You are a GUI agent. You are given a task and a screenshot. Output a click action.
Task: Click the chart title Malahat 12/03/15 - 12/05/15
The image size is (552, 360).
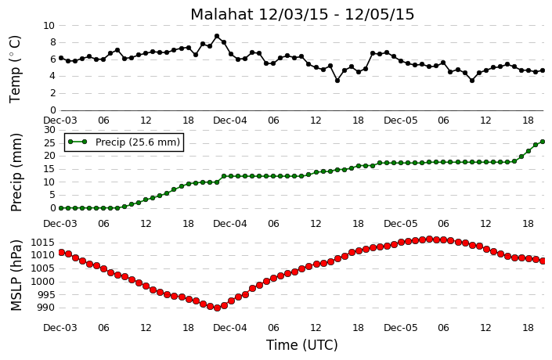302,15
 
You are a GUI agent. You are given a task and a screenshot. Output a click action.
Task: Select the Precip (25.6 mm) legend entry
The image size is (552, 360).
124,142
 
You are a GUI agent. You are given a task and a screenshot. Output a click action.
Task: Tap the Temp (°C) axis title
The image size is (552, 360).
15,70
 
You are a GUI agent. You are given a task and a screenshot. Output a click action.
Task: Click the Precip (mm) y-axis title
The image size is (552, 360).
16,172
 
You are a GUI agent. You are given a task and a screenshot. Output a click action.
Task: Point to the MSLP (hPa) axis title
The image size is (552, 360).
16,275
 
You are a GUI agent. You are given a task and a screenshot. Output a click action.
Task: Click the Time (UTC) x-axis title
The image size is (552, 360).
302,345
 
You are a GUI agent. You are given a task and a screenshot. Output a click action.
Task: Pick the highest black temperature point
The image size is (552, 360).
217,36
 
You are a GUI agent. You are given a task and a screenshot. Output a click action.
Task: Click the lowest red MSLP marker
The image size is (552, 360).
217,308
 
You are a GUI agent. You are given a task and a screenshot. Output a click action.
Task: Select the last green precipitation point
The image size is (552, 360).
543,142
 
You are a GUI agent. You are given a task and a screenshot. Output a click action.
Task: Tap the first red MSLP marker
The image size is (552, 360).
61,252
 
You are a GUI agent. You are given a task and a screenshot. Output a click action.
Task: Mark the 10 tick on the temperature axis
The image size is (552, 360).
49,26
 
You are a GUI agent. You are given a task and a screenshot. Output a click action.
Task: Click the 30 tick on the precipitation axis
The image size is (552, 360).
49,130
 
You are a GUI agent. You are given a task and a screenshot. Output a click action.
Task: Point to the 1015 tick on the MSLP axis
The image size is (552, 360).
42,243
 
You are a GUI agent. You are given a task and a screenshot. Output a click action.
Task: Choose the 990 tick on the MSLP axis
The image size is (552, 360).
45,308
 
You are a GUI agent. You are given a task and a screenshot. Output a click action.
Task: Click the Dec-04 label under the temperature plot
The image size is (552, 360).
230,121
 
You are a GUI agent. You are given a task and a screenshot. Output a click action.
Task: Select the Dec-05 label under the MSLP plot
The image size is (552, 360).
401,328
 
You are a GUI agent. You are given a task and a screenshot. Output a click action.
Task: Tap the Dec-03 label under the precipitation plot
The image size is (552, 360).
60,224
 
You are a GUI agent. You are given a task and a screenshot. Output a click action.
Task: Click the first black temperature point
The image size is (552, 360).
61,58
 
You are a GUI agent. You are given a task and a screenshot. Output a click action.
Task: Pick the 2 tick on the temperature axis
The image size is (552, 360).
52,93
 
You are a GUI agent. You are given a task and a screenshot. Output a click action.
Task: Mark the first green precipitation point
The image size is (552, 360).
61,208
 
